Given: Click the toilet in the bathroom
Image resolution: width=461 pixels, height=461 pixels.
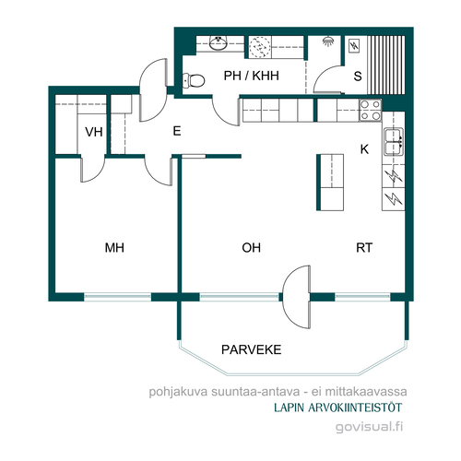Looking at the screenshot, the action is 194,80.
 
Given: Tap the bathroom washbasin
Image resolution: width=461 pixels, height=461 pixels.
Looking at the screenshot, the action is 219,42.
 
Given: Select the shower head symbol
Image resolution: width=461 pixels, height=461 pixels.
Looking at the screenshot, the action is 328,41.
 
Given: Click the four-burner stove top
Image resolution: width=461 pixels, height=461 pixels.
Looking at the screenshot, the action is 371,111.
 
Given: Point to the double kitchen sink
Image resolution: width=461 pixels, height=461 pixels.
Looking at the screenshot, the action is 394,142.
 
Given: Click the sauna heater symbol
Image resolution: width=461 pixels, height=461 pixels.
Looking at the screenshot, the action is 354,46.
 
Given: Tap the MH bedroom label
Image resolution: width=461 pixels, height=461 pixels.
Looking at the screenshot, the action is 114,248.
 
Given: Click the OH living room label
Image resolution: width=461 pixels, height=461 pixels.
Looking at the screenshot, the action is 252,248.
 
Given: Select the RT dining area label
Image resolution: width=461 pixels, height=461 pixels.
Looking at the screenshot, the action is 364,248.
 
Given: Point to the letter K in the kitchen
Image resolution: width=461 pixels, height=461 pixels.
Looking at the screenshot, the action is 364,149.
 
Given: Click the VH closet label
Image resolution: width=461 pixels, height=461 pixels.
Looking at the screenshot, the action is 94,132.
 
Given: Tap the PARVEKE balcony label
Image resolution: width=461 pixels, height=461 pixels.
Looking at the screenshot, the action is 252,349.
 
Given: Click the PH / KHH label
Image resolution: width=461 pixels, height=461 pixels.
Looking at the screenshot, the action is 252,76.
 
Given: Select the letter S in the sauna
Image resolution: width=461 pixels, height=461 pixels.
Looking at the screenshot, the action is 358,76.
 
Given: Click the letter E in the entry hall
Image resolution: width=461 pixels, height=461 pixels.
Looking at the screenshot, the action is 177,131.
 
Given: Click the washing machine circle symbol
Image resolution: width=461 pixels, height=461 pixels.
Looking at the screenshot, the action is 259,47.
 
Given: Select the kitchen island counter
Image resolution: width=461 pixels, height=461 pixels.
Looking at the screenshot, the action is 330,183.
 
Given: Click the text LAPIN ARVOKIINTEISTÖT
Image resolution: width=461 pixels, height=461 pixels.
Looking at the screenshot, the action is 337,408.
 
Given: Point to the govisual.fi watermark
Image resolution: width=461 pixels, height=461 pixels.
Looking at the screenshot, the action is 369,427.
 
